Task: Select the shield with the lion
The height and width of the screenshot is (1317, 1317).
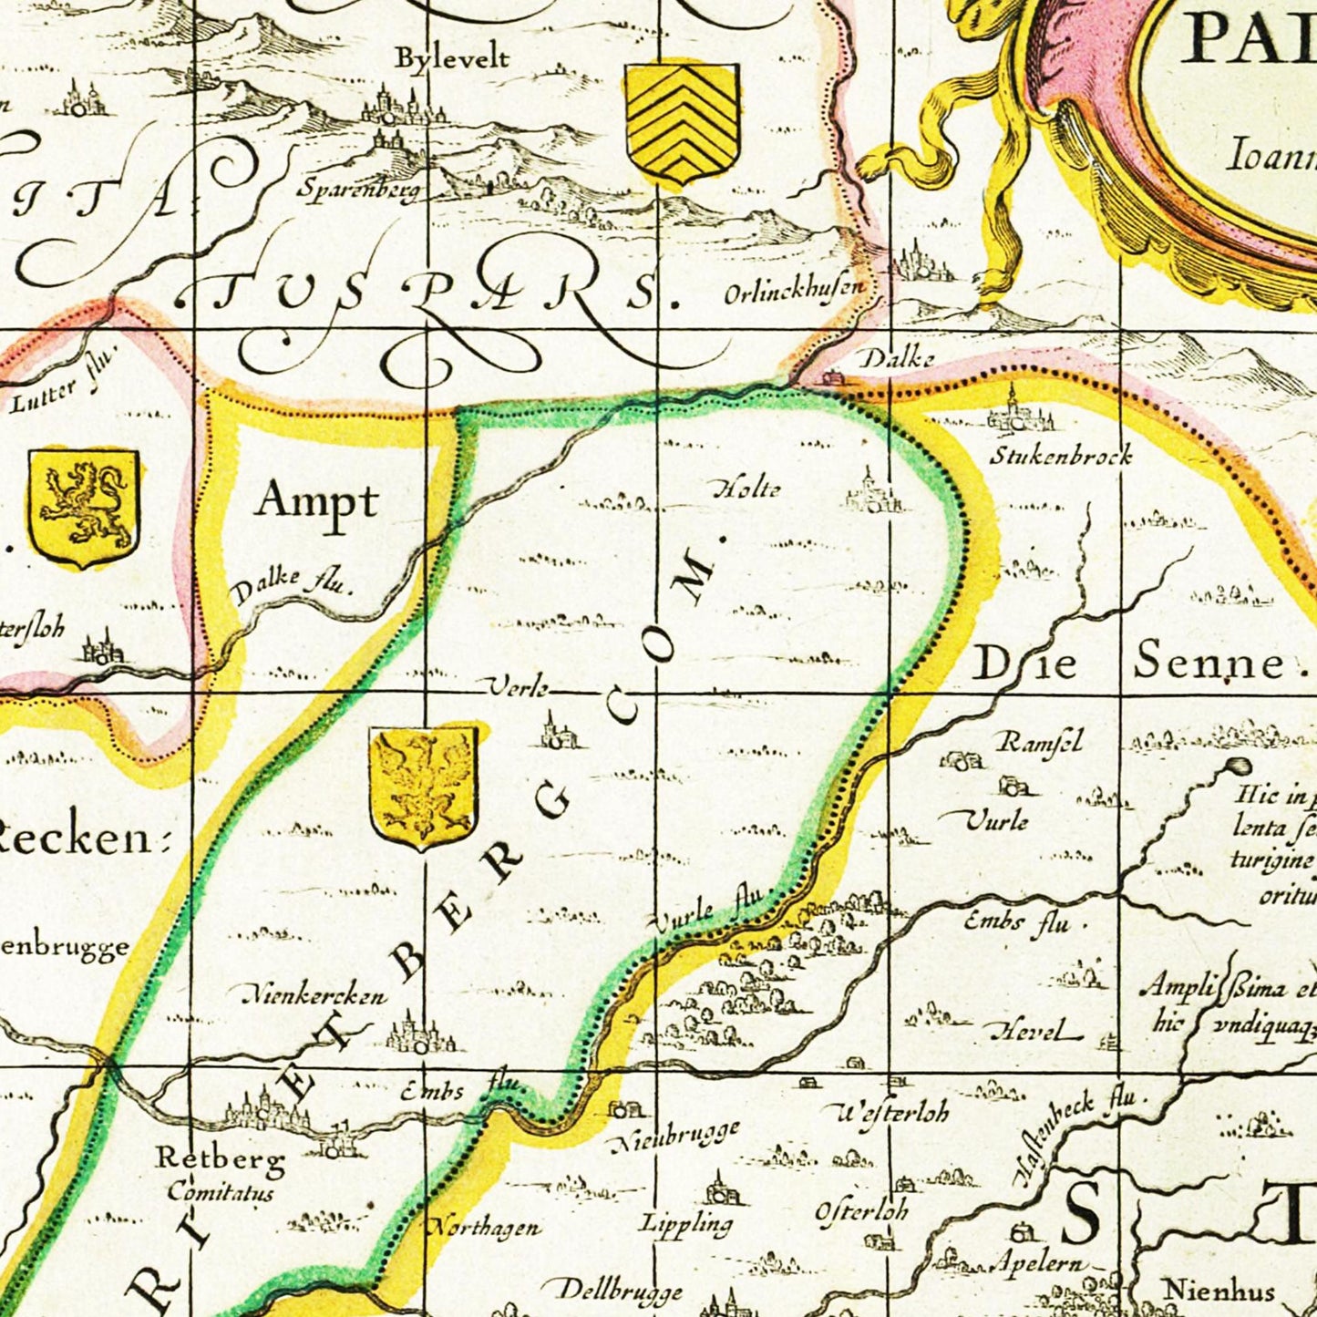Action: (x=83, y=506)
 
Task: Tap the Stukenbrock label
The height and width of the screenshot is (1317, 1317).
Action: (x=1061, y=455)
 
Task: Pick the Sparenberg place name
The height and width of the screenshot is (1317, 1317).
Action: (x=358, y=190)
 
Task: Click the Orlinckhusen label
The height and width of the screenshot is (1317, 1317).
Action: (x=793, y=293)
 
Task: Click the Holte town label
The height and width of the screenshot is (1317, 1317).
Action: (x=746, y=489)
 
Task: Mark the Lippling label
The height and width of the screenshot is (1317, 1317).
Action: (x=686, y=1223)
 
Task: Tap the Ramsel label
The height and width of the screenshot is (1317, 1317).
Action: (x=1040, y=742)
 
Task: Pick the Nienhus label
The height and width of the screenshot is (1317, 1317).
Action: (x=1219, y=1290)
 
